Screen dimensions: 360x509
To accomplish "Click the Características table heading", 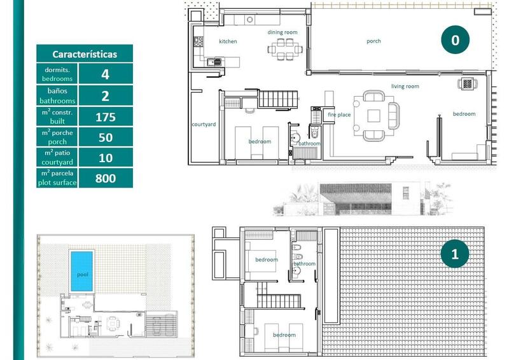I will point(85,54).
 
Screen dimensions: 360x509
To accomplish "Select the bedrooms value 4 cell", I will point(105,74).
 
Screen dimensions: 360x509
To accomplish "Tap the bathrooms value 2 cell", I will point(105,96).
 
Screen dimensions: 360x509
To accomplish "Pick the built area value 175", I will point(105,117).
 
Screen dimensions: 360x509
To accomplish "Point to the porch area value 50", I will point(105,137).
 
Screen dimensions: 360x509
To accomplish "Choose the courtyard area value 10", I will point(105,158).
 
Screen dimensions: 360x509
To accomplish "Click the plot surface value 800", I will point(105,178).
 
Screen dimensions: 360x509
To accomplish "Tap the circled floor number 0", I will point(454,40).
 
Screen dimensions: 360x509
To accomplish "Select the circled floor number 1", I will point(454,254).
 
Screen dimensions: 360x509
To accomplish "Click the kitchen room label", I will point(228,41).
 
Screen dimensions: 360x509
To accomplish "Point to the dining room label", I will point(282,32).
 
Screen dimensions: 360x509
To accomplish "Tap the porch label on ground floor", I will point(373,41).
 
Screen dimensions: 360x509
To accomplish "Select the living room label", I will point(405,86).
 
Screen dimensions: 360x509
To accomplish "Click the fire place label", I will point(339,114).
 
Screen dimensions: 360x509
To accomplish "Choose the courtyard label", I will point(204,124).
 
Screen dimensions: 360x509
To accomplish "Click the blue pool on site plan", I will point(81,271).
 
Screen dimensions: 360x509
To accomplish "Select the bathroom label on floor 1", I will point(304,263).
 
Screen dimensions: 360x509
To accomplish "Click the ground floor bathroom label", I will point(309,144).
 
